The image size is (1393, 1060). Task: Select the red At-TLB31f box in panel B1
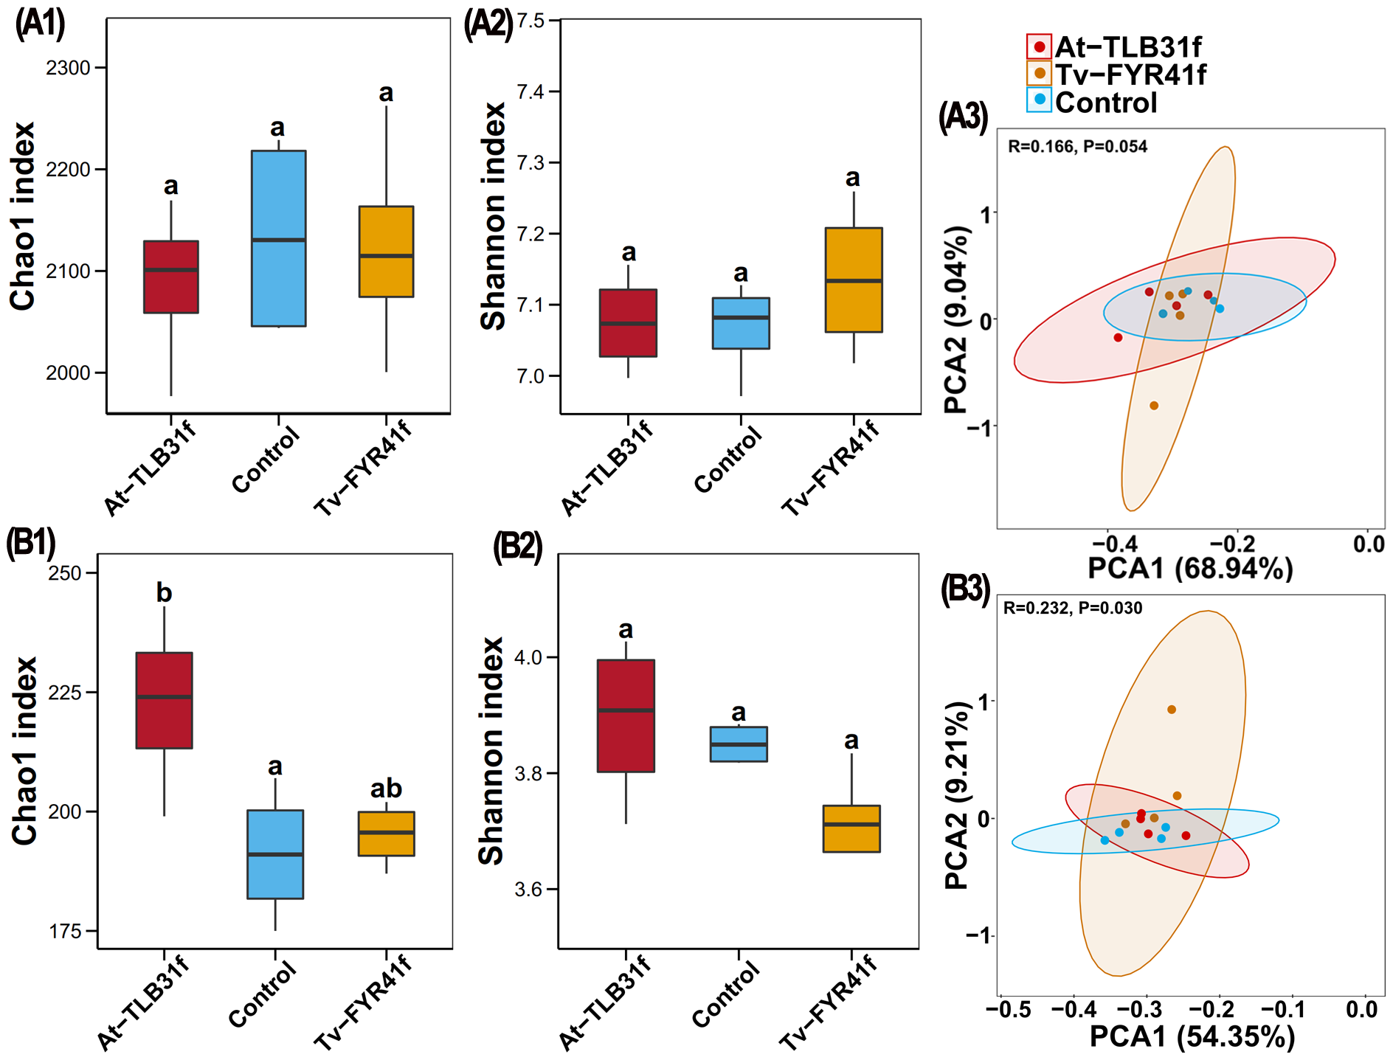pos(164,700)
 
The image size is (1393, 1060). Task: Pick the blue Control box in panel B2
pos(738,744)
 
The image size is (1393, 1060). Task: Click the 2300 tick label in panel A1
pos(68,68)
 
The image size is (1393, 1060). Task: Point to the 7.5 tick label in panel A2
pos(530,21)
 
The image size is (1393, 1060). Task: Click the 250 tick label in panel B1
pos(64,573)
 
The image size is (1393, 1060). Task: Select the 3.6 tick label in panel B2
pos(528,889)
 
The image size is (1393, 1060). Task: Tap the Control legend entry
pos(1093,102)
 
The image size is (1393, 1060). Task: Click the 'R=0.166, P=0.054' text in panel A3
pos(1077,146)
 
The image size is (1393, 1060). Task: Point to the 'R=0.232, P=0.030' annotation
pos(1072,608)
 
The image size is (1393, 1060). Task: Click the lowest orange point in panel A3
pos(1154,406)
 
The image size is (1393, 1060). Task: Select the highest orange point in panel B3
pos(1172,710)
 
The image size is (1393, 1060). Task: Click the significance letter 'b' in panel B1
pos(164,592)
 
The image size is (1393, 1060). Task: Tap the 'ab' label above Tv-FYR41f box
pos(386,789)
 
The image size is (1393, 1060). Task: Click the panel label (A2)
pos(488,24)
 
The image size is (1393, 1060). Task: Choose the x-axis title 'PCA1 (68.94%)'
pos(1190,568)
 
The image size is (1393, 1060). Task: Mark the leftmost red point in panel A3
pos(1118,337)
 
